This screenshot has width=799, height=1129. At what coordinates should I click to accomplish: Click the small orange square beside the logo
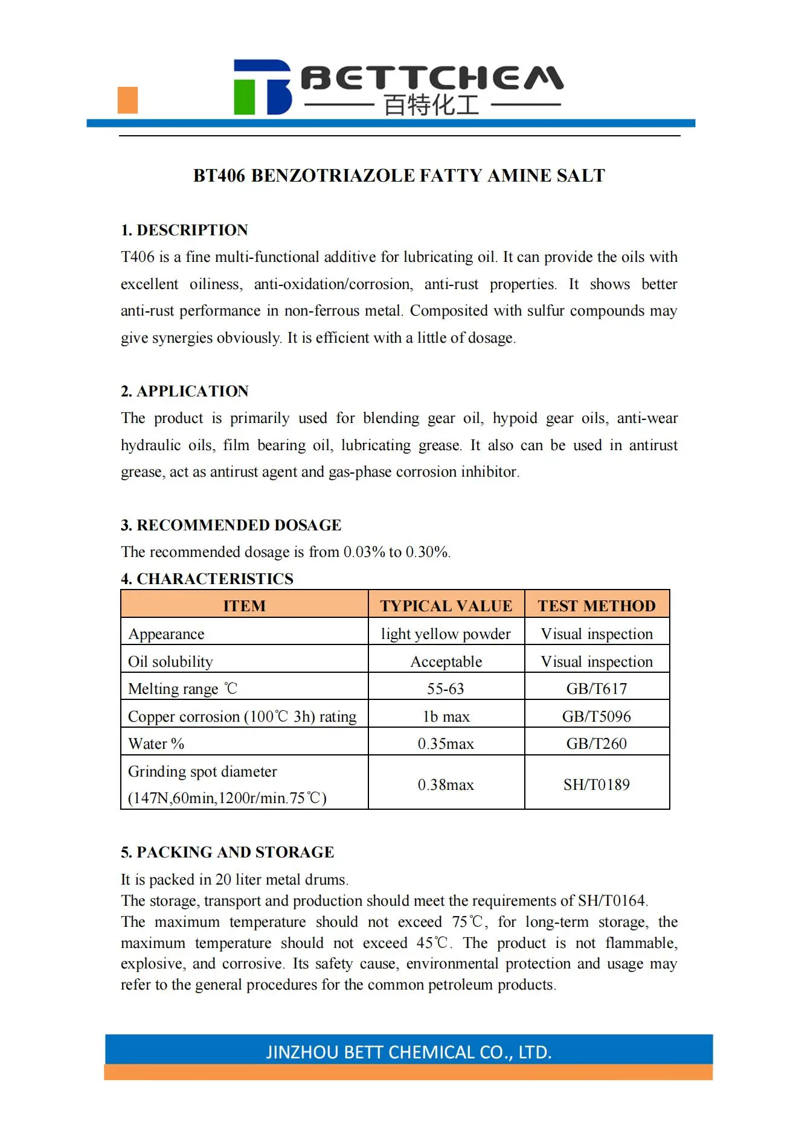pos(127,100)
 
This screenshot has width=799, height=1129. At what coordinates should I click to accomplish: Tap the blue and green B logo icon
pos(262,87)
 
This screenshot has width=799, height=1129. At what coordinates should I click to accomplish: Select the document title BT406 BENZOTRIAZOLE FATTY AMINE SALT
pos(399,176)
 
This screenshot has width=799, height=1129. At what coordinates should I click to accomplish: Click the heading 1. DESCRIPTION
pos(184,230)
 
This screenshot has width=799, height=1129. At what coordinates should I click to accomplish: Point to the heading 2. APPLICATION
pos(184,391)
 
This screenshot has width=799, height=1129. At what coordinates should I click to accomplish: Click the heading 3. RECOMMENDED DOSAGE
pos(231,525)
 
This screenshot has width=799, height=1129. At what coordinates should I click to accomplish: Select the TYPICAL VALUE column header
pos(446,605)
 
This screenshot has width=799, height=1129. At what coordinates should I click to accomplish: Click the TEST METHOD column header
pos(597,605)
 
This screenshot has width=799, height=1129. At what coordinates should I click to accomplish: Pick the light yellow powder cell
pos(446,634)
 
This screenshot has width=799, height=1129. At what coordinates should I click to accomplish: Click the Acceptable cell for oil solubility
pos(446,661)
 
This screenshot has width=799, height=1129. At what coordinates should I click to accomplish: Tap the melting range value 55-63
pos(446,689)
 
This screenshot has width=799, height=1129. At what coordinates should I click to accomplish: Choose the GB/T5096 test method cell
pos(597,716)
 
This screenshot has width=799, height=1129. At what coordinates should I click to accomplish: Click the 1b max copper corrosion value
pos(446,716)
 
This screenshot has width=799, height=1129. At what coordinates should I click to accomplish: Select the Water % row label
pos(156,743)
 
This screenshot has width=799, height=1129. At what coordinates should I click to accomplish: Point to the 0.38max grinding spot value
pos(446,784)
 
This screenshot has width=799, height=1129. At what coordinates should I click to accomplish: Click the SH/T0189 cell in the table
pos(597,784)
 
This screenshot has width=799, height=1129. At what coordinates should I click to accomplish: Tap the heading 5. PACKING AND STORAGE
pos(227,852)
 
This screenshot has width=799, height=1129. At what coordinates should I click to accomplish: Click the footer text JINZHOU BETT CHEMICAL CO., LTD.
pos(409,1052)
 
